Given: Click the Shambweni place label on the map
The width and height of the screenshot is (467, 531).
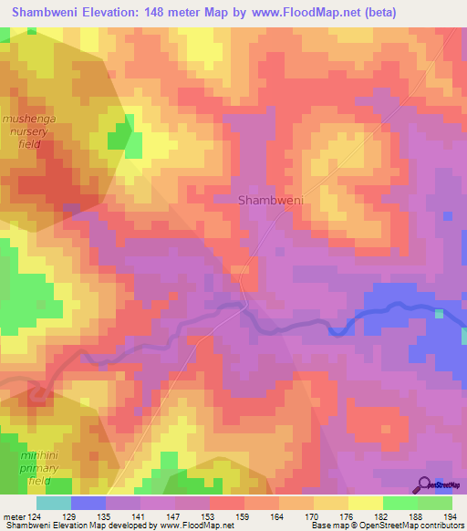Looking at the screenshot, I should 270,199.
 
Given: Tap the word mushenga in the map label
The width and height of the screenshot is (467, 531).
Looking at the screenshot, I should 31,119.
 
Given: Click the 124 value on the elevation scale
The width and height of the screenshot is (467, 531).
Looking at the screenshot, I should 36,517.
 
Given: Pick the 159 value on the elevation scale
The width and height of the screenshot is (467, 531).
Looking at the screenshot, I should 244,517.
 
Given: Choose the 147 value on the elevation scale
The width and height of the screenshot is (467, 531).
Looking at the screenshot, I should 174,517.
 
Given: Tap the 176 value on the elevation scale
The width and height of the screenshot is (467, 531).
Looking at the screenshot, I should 348,517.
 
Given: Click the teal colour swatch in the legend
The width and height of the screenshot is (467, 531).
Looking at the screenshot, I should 53,503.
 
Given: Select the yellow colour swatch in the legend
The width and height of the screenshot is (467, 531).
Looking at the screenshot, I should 365,503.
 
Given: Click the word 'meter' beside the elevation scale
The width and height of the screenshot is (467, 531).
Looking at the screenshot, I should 13,517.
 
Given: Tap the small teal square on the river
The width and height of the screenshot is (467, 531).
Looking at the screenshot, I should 440,314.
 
